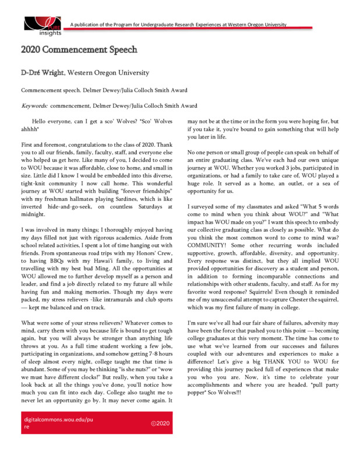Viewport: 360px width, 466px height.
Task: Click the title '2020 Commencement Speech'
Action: click(x=79, y=50)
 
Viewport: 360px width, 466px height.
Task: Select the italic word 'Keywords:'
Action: click(x=34, y=105)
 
